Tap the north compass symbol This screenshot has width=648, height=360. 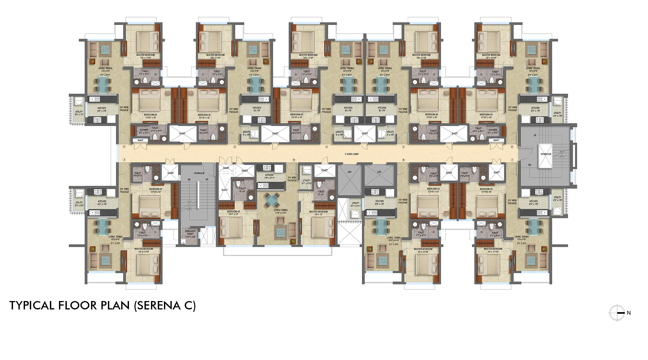click(617, 313)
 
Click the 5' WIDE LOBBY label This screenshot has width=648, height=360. click(352, 154)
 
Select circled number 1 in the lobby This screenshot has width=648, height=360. click(124, 160)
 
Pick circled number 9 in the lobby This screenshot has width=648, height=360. click(294, 160)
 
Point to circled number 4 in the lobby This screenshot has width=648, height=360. click(327, 147)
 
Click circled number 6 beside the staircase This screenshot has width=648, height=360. click(512, 147)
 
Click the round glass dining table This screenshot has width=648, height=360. click(272, 200)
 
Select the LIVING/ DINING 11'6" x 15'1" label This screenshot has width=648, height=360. click(281, 212)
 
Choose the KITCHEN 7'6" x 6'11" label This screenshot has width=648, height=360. click(269, 176)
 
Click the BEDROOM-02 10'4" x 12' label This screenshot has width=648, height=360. click(233, 213)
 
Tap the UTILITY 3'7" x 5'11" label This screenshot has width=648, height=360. click(355, 204)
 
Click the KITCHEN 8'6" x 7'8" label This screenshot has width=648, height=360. click(379, 203)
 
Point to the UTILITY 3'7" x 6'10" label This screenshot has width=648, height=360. click(307, 182)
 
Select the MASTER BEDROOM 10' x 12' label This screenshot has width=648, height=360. click(318, 213)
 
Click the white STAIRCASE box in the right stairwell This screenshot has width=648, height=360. click(546, 156)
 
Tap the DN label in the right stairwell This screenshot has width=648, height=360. click(530, 165)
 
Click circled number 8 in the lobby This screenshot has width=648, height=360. click(403, 160)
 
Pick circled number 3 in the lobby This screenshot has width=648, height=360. click(235, 147)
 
